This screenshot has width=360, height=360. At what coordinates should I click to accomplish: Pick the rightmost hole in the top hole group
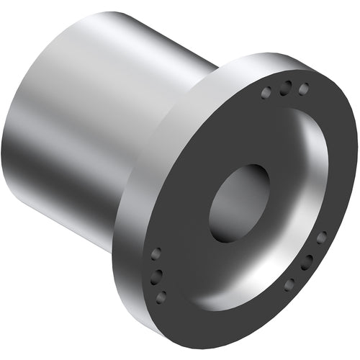(303, 89)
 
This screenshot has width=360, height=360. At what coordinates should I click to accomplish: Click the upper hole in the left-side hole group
(155, 253)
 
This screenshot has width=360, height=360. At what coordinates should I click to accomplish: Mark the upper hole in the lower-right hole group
(321, 237)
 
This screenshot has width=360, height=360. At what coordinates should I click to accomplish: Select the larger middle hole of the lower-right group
(307, 261)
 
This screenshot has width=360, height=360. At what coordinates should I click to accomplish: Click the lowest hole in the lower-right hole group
(289, 284)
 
